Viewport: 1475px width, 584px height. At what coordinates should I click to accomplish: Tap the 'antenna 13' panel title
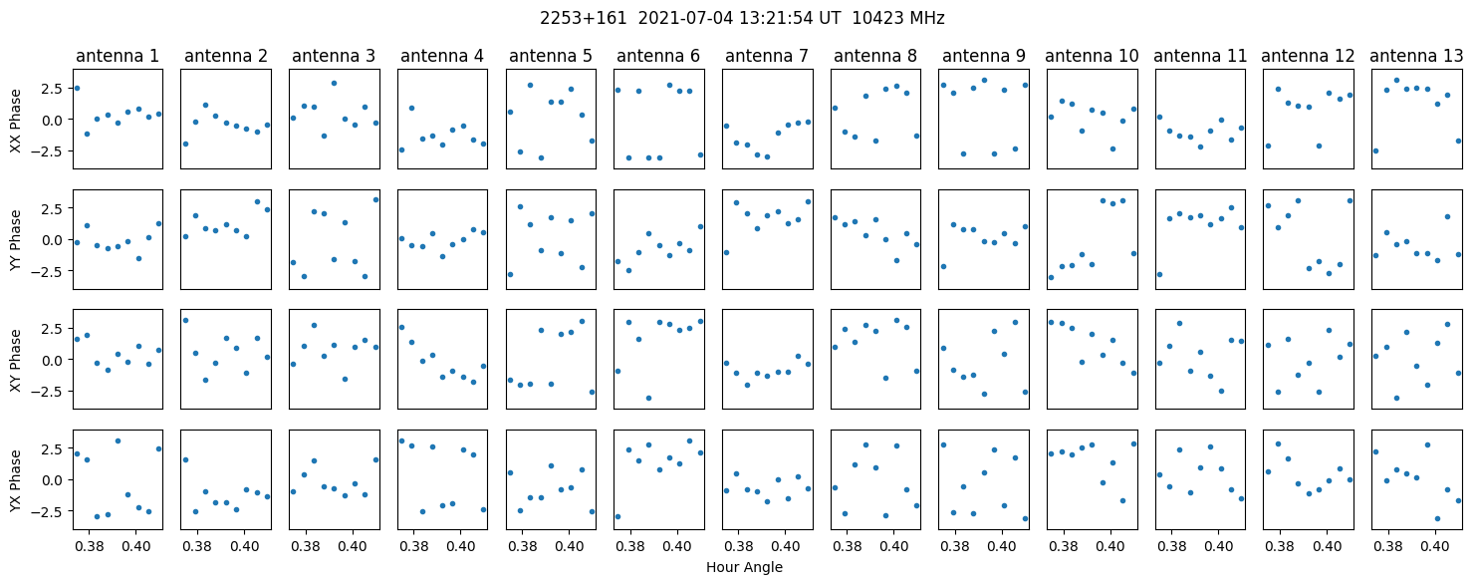(1416, 56)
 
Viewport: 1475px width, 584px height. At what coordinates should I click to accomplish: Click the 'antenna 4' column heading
(441, 56)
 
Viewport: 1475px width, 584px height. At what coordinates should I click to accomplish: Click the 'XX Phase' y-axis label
(15, 119)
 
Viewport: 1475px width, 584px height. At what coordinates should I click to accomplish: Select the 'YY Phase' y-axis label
(15, 239)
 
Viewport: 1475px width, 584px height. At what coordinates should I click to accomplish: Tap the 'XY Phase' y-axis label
(15, 359)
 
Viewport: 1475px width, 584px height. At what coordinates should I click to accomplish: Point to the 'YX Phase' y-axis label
(15, 479)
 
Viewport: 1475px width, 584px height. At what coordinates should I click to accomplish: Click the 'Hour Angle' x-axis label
(744, 568)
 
